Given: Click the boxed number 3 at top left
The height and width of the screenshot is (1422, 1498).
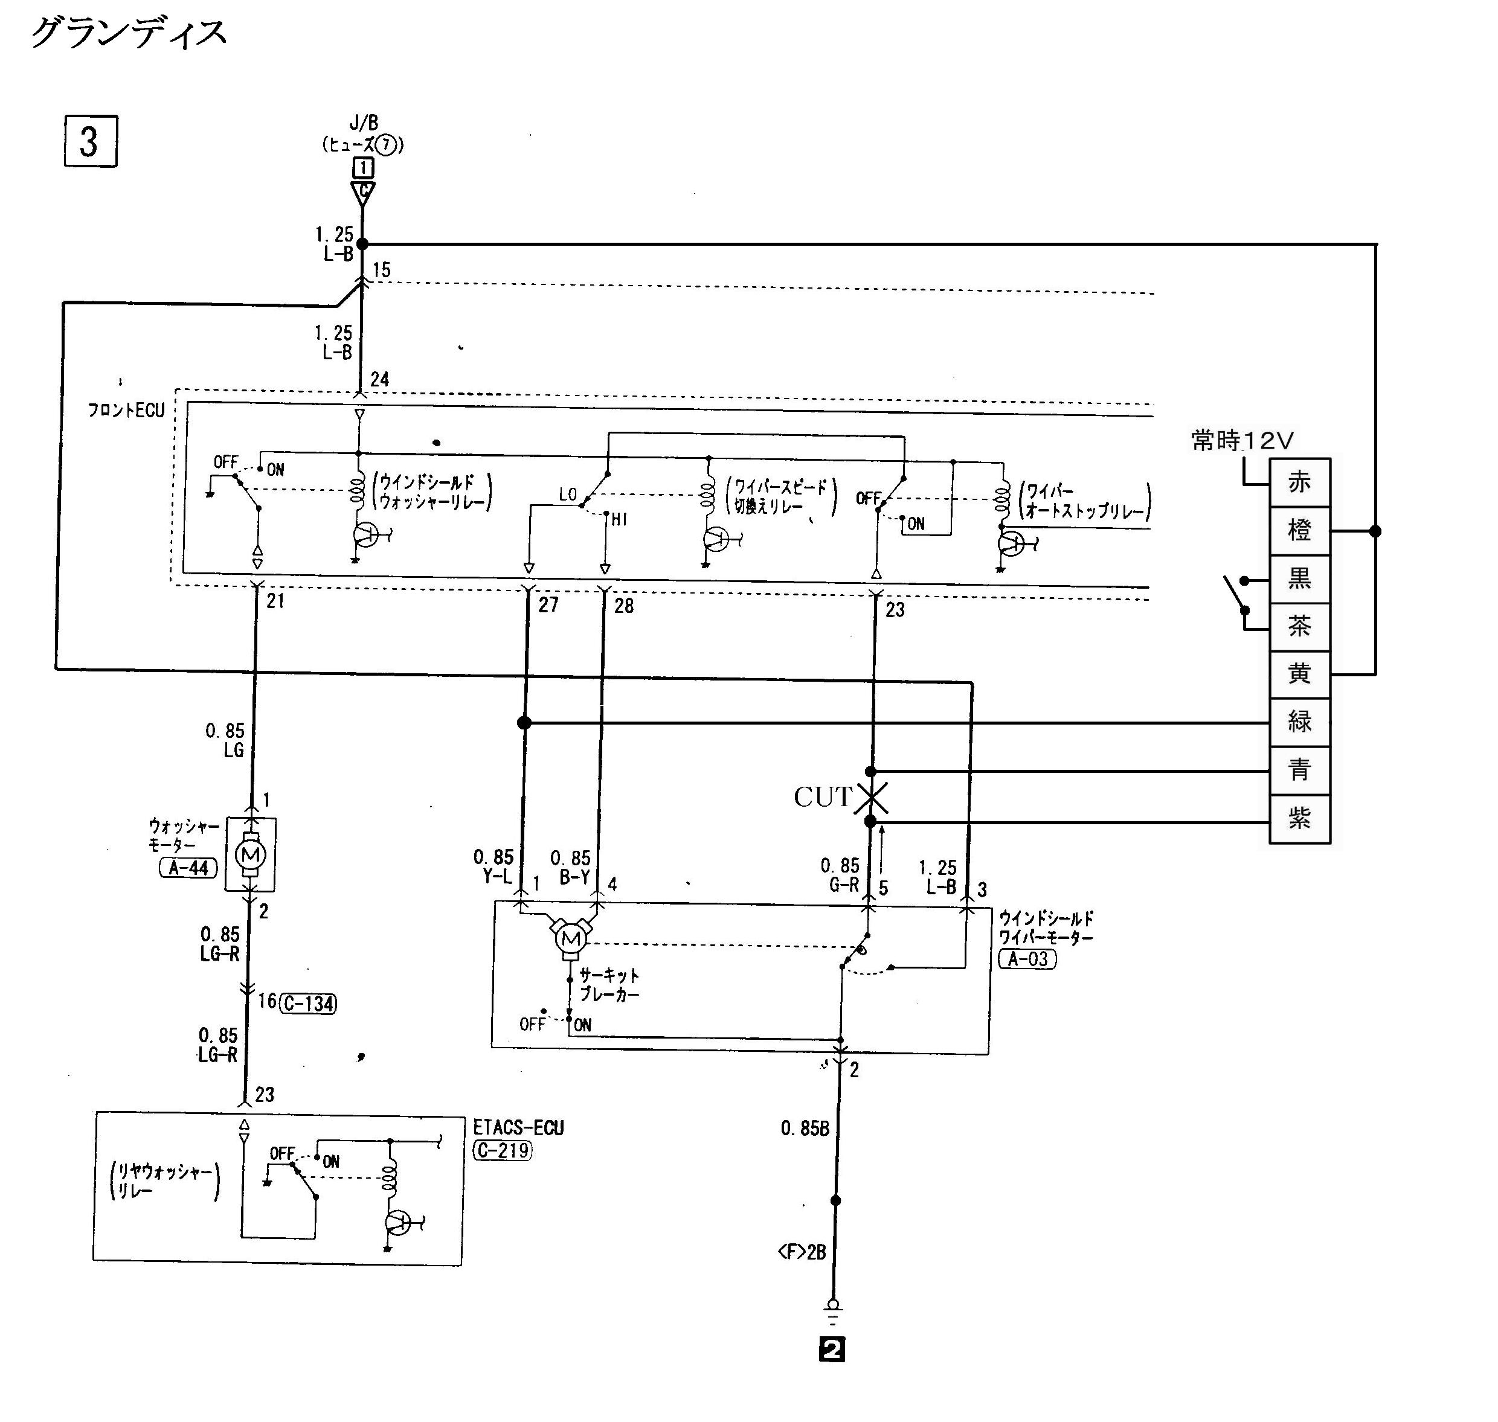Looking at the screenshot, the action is click(90, 141).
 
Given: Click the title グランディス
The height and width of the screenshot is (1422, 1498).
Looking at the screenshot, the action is click(129, 33).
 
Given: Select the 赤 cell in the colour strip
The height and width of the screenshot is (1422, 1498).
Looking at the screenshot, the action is click(1299, 482).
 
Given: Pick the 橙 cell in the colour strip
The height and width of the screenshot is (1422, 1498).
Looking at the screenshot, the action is click(1299, 531).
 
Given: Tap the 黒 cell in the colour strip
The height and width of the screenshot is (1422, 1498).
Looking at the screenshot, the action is click(1299, 579).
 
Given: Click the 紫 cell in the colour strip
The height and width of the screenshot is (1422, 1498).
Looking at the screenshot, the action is click(1299, 819).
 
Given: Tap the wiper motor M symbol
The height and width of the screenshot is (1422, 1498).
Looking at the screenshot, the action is click(571, 939).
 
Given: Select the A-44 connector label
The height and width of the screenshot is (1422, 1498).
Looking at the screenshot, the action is click(188, 868).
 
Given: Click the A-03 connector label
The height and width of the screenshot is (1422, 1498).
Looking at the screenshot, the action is click(1028, 959).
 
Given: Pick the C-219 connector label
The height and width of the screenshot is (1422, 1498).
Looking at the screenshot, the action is click(503, 1151).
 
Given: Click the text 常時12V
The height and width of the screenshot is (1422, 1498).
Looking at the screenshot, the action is click(1242, 440).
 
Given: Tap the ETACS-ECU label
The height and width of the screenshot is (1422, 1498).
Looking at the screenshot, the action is click(518, 1128).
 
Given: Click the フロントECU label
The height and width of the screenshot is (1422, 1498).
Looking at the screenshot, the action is click(126, 411).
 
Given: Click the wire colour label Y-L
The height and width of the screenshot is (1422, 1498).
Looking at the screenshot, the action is click(497, 877).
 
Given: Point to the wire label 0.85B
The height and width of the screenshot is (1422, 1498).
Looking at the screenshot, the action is click(805, 1129).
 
